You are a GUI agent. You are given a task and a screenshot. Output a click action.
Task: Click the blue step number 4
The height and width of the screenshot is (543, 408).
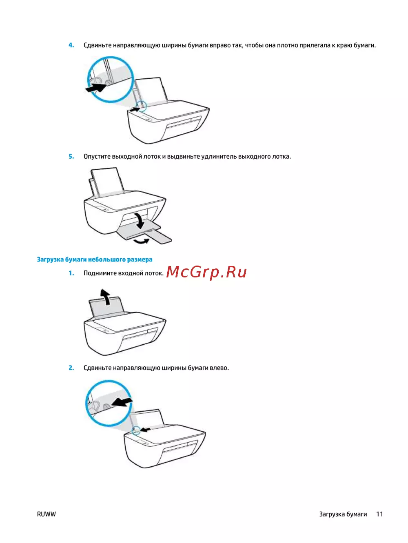(71, 45)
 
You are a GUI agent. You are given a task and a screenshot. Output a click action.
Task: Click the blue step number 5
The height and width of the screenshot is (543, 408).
(71, 156)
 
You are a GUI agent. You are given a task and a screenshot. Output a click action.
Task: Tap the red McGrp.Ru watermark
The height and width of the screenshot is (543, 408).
(206, 272)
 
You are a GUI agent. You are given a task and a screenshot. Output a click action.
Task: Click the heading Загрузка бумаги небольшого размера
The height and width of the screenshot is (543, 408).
(95, 259)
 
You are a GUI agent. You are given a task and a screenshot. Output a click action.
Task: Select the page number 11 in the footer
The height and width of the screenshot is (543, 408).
(379, 514)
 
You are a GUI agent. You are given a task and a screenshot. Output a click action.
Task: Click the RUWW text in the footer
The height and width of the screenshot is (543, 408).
(46, 514)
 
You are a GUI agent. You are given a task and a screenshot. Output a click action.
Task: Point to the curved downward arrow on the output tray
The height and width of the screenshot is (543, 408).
(140, 220)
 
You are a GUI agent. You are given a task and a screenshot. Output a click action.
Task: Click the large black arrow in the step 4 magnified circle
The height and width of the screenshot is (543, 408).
(96, 88)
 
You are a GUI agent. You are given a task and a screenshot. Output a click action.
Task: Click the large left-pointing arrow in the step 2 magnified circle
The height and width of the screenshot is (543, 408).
(122, 402)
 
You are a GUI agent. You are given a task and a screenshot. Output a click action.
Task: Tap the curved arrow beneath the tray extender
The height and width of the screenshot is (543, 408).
(141, 241)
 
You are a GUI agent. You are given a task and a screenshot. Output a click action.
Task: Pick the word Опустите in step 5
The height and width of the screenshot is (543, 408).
(97, 157)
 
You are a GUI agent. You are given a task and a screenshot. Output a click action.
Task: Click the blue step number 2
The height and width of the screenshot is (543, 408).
(71, 368)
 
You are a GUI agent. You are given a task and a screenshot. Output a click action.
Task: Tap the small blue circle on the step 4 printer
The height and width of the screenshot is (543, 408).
(142, 106)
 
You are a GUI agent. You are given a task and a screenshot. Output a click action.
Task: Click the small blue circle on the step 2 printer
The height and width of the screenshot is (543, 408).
(136, 431)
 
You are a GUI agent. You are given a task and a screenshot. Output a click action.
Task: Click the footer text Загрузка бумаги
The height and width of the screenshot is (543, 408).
(343, 514)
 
